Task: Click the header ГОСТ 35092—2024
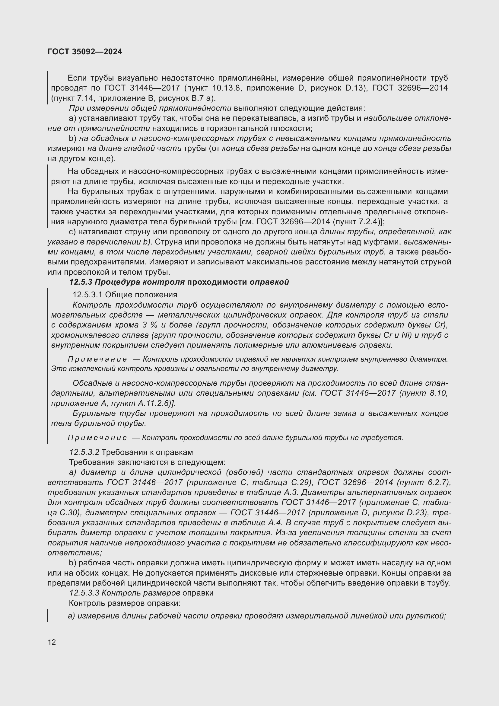click(85, 52)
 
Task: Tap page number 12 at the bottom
click(52, 642)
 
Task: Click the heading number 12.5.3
click(81, 282)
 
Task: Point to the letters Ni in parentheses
click(406, 335)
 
